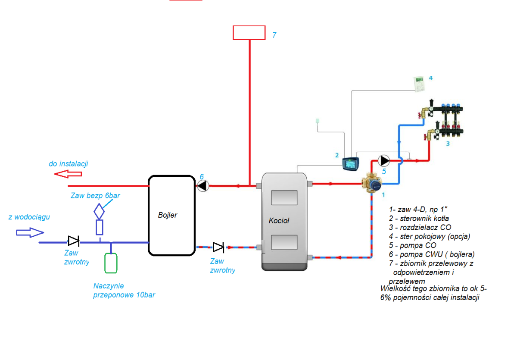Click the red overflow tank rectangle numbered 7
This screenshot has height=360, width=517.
click(x=249, y=33)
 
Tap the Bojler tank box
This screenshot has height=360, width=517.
click(x=171, y=215)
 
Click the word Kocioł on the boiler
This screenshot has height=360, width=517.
click(x=279, y=221)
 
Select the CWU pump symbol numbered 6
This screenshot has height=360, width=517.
click(x=203, y=186)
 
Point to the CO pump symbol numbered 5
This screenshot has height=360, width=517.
click(x=384, y=161)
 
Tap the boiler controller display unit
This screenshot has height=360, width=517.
click(x=352, y=164)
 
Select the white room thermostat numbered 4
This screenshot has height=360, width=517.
click(x=418, y=83)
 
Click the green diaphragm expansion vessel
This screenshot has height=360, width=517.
click(x=111, y=263)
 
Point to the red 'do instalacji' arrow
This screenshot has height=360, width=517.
click(x=68, y=174)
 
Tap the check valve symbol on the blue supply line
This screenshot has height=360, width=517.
click(x=73, y=241)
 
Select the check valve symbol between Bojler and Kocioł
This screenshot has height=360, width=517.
click(x=218, y=247)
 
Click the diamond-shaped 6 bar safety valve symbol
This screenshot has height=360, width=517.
click(x=100, y=211)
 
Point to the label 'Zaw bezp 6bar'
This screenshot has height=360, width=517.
click(x=95, y=196)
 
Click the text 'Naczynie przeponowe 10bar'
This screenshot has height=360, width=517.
click(x=124, y=290)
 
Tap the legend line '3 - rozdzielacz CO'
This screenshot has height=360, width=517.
click(x=420, y=227)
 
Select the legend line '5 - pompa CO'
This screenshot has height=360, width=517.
click(x=412, y=245)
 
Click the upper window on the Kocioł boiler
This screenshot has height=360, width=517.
click(x=284, y=197)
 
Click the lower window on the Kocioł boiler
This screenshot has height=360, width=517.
click(x=284, y=243)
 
